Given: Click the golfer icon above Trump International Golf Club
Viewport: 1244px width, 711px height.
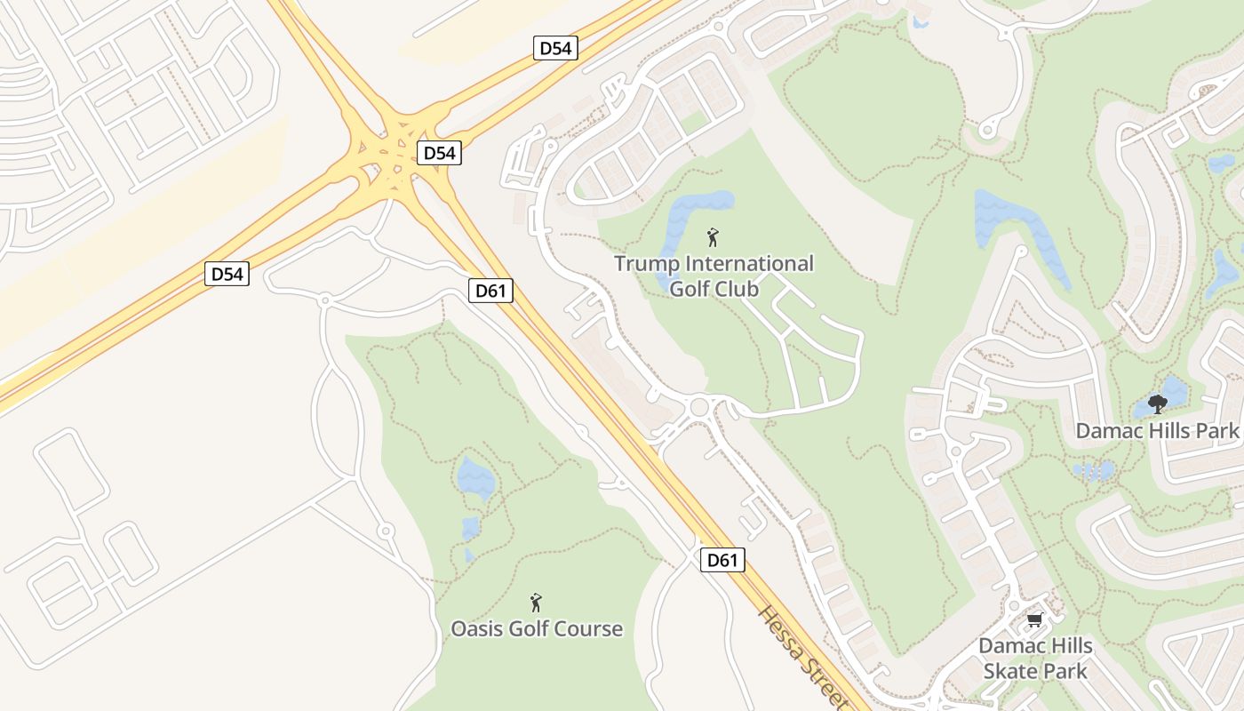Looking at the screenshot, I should tap(712, 237).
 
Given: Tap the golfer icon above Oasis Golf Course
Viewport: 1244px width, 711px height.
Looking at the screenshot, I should tap(536, 603).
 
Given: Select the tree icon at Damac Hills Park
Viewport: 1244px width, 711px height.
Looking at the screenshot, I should tap(1157, 404).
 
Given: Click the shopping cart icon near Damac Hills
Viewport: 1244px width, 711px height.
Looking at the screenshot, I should tap(1034, 619).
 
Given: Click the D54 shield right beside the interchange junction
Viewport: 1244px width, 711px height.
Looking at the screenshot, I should tap(439, 153).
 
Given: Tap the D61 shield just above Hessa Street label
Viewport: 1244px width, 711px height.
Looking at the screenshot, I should tap(722, 560).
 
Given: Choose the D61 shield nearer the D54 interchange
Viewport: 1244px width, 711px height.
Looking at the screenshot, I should tap(491, 291).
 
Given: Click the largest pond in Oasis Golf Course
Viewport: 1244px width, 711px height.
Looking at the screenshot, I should tap(475, 477).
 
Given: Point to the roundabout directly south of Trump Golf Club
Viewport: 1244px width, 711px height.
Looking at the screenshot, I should tap(699, 407).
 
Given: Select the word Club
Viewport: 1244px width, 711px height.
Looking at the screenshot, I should tap(738, 289).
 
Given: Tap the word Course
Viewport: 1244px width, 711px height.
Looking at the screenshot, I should tap(590, 629).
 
